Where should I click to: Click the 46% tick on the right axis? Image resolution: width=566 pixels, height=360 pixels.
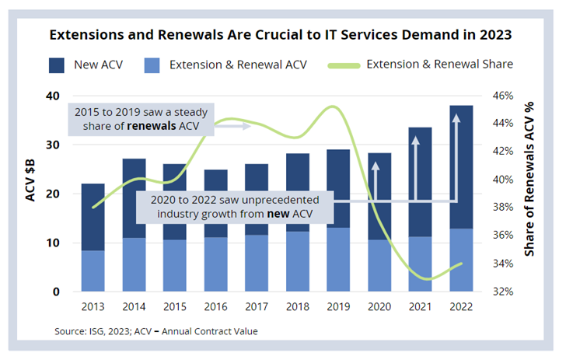point(503,96)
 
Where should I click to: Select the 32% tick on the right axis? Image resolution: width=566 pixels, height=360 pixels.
point(503,292)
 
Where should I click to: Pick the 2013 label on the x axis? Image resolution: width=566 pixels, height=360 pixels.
point(93,307)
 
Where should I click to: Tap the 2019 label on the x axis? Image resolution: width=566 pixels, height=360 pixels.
point(337,307)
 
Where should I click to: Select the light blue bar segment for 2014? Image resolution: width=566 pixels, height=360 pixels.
point(133,264)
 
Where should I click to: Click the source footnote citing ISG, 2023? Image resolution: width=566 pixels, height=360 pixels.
point(155,331)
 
